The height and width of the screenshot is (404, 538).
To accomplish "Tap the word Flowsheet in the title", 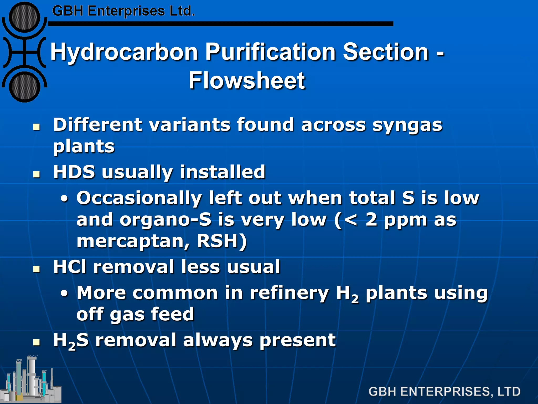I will click(x=247, y=80).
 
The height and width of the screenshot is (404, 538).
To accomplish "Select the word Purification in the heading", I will click(x=270, y=52).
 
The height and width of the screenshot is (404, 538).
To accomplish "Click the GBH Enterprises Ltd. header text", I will click(x=123, y=11).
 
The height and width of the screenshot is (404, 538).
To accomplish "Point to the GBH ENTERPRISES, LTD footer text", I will click(x=444, y=392).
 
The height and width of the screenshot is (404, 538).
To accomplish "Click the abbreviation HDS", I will click(x=74, y=172).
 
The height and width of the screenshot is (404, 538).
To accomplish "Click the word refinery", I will click(x=289, y=292).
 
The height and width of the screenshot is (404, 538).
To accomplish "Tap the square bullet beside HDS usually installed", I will click(x=37, y=174).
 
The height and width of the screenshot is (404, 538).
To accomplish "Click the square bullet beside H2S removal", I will click(x=37, y=342).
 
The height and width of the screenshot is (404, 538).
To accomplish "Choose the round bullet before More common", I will click(x=64, y=293).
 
